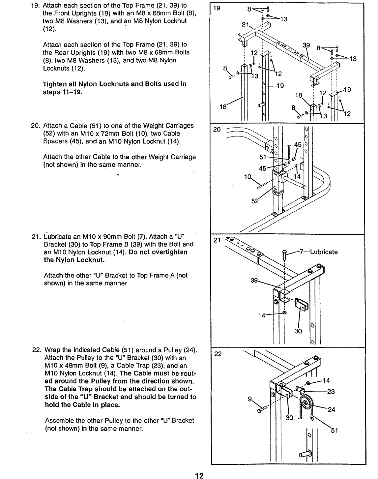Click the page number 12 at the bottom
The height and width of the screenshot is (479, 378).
pos(199,475)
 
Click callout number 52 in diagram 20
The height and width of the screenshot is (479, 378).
pos(255,201)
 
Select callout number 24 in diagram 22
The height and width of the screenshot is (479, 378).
pos(331,410)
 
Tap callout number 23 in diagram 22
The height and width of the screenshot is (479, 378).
pos(331,392)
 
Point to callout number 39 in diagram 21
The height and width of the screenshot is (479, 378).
pos(254,281)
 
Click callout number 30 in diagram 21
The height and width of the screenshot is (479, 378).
pos(298,331)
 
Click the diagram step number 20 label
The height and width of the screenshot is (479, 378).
pos(217,130)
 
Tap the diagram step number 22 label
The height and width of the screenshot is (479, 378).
pos(218,354)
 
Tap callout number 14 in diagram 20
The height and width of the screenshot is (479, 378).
pos(297,176)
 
